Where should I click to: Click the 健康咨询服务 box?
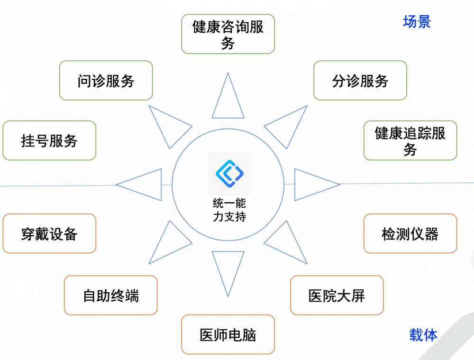pos(228,34)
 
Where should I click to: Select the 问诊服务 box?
pos(106,81)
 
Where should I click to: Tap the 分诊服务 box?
pos(360,81)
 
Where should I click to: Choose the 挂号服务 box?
pos(49,140)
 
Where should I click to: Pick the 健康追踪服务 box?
pos(410,140)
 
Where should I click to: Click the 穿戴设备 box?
pos(49,233)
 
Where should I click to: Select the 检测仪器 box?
pos(410,233)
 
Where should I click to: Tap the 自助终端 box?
pos(110,295)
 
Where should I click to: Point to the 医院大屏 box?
pos(337,295)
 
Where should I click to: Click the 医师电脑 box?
pos(228,334)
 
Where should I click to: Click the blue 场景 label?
pos(417,22)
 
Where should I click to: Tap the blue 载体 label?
pos(423,335)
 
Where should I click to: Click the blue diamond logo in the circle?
pos(229,174)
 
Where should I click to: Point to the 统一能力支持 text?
pos(229,210)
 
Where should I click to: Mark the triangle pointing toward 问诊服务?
pos(170,127)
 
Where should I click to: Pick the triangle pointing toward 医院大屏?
pos(286,242)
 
